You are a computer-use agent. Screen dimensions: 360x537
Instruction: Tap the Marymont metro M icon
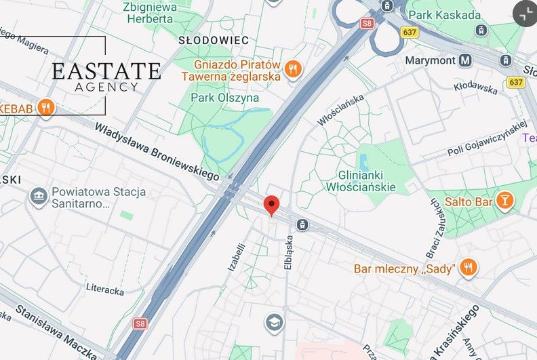(x=464, y=60)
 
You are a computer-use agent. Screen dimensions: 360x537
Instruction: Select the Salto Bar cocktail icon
(x=504, y=201)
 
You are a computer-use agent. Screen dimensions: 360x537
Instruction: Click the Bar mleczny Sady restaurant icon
(x=468, y=268)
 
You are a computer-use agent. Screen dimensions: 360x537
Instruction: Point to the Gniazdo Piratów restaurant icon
(x=293, y=68)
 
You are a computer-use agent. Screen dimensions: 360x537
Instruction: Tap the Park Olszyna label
(x=224, y=98)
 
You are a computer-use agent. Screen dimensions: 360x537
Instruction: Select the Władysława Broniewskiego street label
(x=157, y=151)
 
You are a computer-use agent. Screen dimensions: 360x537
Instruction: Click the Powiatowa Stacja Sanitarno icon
(x=39, y=197)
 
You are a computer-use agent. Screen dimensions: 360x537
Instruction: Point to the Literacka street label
(x=104, y=289)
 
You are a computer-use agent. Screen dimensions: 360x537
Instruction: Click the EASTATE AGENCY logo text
(x=106, y=76)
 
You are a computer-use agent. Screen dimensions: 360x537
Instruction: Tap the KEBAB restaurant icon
(x=46, y=107)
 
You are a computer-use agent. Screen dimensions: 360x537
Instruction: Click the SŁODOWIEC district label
(x=214, y=41)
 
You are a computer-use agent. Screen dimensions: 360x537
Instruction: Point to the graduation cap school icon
(x=275, y=321)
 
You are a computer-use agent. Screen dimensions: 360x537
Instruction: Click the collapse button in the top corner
(x=524, y=13)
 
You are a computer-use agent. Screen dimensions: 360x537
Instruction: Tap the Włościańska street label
(x=340, y=110)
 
